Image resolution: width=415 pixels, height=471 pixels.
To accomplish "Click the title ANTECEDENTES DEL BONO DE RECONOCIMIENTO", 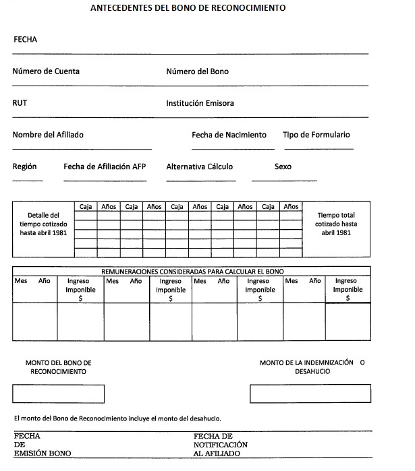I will coord(188,9).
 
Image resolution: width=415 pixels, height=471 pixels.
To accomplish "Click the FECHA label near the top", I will coord(26,40).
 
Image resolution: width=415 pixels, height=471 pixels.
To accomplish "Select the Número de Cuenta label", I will coord(45,71).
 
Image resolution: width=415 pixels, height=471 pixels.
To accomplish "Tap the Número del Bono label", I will coord(197,71).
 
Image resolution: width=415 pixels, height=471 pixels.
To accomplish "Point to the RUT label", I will coord(20,104).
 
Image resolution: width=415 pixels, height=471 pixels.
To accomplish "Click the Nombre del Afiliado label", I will coord(48,135).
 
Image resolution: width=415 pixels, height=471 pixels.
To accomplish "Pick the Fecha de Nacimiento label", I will coord(229,135).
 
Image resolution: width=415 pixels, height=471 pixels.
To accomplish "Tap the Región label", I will coord(24,166).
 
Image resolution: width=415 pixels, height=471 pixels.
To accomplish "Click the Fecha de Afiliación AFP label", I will coord(105,166).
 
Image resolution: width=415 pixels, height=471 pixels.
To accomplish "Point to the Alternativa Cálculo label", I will coord(199,166).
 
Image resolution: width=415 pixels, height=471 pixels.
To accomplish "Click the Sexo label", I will coord(283,166).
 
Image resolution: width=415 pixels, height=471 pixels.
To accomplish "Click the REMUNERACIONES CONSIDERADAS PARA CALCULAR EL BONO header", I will coord(192,271).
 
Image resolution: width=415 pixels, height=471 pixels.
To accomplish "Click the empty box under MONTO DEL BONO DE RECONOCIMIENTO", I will coord(58,394).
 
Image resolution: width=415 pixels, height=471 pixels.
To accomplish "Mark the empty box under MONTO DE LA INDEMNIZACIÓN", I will coord(310,394).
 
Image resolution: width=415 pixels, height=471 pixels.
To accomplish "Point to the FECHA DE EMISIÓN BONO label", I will coord(42,445).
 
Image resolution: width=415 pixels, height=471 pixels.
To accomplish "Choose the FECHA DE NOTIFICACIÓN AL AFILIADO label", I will coord(220,445).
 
